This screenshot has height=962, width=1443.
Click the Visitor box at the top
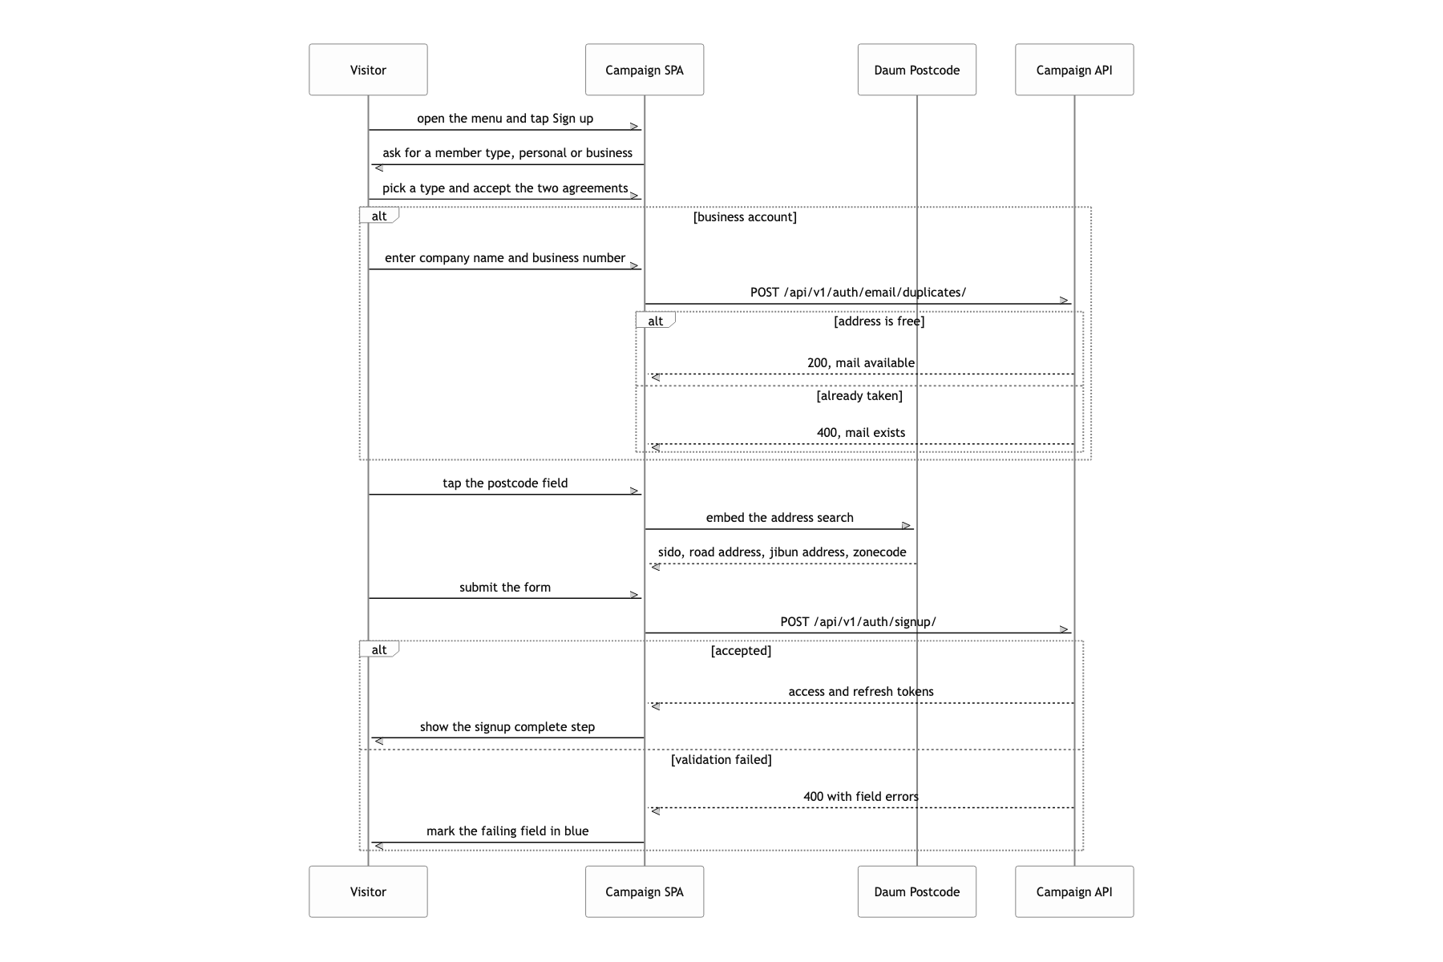[368, 70]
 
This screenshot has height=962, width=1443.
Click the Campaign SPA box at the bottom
[645, 891]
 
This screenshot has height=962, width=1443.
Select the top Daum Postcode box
[917, 70]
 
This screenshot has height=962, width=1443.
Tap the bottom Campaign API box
[1074, 891]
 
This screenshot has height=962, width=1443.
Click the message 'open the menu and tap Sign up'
[505, 119]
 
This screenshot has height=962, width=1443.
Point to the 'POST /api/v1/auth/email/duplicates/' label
[858, 293]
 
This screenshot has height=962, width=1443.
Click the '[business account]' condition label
[745, 217]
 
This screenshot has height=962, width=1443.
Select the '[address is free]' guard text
[879, 321]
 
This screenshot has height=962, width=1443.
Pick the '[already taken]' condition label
[859, 396]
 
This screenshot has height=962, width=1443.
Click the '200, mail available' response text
[861, 363]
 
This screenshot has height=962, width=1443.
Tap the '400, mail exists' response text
[861, 433]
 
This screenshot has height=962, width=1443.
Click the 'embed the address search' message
[779, 518]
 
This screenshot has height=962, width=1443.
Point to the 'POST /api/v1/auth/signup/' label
[858, 622]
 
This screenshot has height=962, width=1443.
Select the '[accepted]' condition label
[741, 651]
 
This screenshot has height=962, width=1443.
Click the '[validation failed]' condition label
[721, 760]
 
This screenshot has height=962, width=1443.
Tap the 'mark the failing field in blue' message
[507, 831]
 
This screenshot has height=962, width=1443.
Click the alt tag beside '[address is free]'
[656, 321]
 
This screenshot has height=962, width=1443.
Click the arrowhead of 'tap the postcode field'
[635, 491]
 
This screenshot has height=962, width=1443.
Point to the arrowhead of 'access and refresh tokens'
[655, 706]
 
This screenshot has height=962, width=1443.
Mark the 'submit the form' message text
[505, 588]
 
